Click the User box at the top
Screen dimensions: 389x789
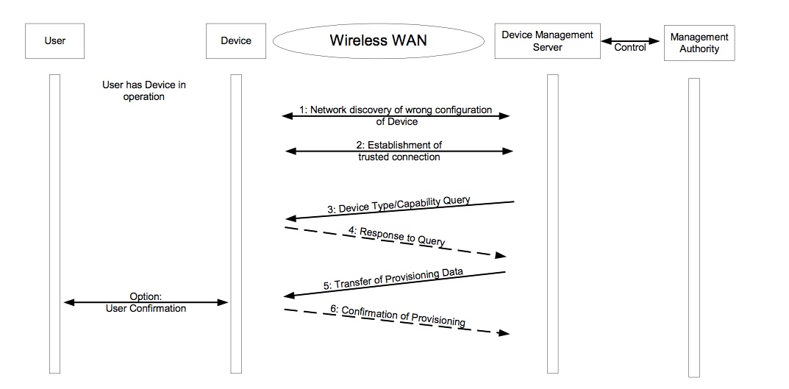point(55,41)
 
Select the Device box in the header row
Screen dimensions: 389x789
point(236,41)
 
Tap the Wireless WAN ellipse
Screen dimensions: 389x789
point(377,41)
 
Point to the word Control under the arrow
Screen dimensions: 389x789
point(630,48)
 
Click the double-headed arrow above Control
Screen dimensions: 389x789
point(631,40)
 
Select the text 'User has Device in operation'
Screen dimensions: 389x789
point(143,90)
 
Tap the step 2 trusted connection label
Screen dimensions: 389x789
point(399,151)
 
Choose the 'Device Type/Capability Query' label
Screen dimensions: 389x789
point(399,204)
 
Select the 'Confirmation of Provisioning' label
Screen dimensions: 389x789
point(397,316)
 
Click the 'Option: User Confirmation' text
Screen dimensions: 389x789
point(146,302)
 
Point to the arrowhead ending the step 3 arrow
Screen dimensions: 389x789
point(290,218)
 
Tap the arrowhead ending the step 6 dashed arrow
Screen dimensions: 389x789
point(504,333)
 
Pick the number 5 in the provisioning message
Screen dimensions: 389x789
point(326,287)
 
